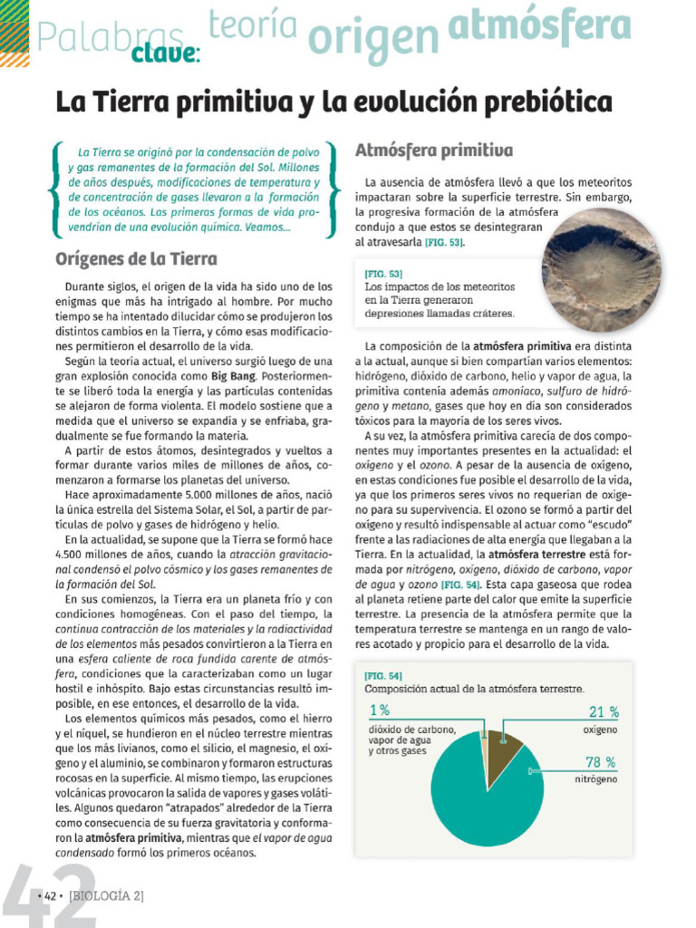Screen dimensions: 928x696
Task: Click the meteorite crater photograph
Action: point(601,269)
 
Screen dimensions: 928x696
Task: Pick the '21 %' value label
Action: point(604,712)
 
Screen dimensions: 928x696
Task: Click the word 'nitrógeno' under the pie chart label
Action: point(595,778)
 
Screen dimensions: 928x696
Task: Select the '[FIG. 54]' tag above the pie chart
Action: point(382,675)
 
